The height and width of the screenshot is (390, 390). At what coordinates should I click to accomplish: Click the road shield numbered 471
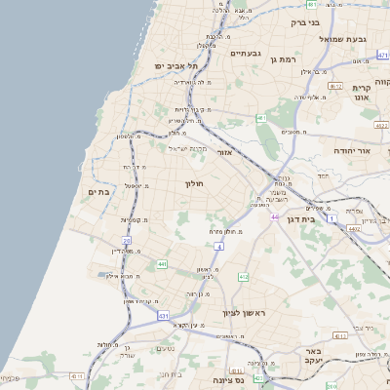(x=381, y=56)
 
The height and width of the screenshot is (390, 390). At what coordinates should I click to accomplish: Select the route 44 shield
(x=275, y=216)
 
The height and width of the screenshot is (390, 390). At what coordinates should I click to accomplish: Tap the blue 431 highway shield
(x=162, y=317)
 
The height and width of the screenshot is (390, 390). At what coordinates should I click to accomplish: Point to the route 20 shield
(x=127, y=239)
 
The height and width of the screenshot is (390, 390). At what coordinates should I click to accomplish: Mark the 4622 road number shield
(x=379, y=125)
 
